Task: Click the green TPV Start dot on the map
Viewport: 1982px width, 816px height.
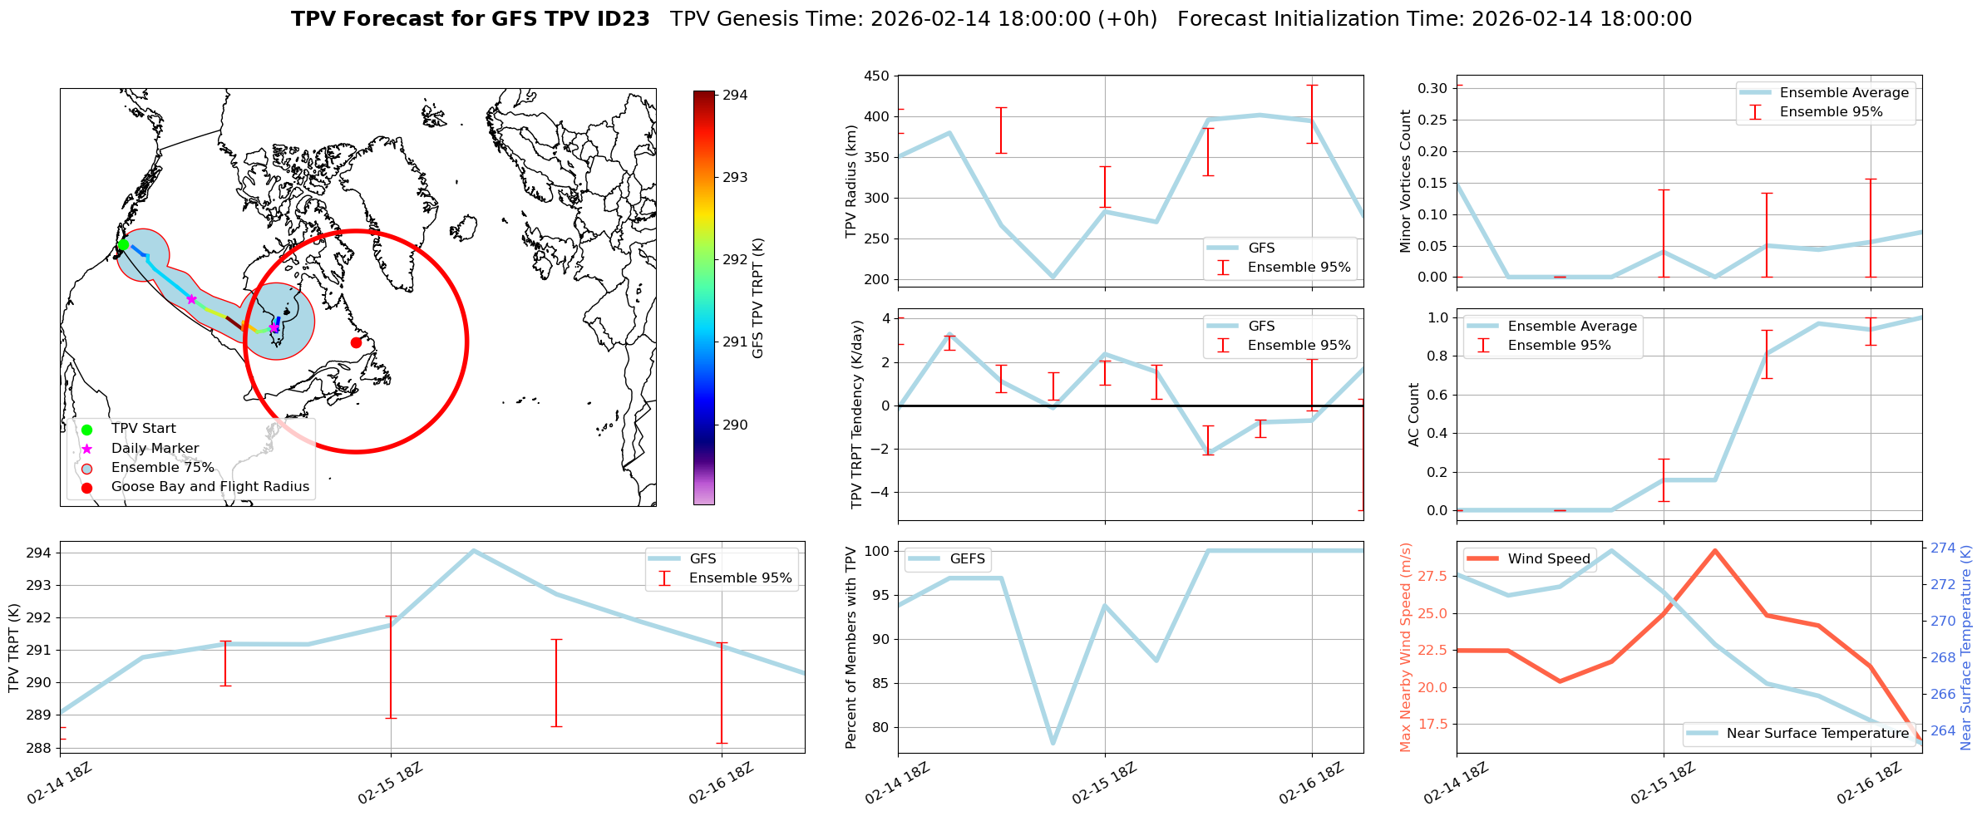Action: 123,244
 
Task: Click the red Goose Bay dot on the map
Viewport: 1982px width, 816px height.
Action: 356,342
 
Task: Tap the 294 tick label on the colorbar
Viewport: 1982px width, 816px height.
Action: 735,96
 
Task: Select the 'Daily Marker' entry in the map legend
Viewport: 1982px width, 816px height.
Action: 155,449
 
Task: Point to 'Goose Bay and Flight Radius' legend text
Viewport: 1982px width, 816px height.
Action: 210,487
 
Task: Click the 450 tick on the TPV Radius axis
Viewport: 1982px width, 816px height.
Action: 878,76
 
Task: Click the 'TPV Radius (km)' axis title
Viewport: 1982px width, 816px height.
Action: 851,181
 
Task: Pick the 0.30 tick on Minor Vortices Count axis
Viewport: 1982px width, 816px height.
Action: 1433,88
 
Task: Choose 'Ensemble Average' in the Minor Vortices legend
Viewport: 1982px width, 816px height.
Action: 1844,93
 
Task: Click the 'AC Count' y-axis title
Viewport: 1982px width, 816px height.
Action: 1414,415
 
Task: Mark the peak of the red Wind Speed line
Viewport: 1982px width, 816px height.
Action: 1714,550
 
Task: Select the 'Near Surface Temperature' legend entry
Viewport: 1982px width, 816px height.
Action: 1817,734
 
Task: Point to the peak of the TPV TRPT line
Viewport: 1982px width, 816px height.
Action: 473,550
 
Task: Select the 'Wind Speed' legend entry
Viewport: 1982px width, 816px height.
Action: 1549,559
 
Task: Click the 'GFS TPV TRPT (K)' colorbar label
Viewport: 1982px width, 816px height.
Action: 757,297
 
